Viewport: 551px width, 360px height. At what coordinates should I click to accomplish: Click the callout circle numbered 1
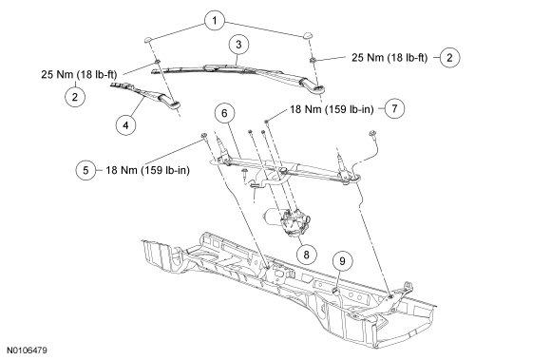(x=215, y=21)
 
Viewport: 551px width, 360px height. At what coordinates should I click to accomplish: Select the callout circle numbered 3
(x=239, y=45)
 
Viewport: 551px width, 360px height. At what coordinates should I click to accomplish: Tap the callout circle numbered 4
(x=125, y=124)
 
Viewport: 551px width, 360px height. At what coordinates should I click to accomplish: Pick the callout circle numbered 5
(x=85, y=170)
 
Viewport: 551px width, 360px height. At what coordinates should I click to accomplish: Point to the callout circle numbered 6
(x=224, y=113)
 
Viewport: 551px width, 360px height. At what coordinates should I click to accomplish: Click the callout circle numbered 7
(x=394, y=108)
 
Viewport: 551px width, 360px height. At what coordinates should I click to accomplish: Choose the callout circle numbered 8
(x=306, y=255)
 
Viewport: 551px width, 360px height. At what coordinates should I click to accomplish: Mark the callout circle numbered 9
(x=342, y=261)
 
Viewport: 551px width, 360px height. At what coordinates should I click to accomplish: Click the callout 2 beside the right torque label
(x=449, y=58)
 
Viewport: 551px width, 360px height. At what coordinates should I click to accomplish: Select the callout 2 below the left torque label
(x=75, y=97)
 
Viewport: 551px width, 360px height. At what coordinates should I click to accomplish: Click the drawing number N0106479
(x=27, y=351)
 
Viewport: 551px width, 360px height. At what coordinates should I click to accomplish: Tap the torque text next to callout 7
(x=332, y=109)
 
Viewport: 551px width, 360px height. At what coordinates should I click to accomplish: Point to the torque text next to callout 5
(x=147, y=170)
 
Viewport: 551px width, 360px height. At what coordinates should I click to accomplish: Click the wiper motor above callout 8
(x=287, y=221)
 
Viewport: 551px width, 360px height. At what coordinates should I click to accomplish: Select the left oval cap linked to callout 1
(x=148, y=39)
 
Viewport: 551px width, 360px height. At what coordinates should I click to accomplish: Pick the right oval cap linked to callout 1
(x=308, y=35)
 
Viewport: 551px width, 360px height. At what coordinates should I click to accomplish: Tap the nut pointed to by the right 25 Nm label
(x=312, y=60)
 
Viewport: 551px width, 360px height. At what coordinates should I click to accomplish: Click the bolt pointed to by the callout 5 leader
(x=203, y=136)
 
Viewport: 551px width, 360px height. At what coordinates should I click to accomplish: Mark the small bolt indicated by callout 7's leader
(x=267, y=122)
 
